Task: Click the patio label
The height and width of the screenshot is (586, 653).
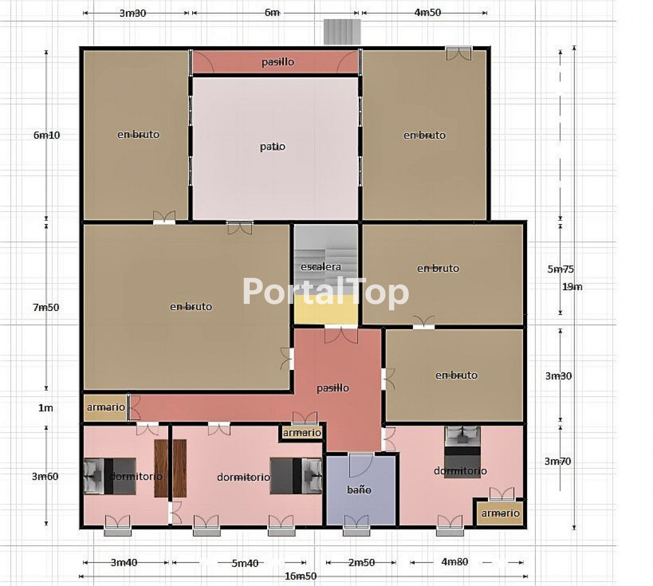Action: tap(272, 147)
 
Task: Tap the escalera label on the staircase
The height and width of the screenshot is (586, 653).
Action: tap(320, 267)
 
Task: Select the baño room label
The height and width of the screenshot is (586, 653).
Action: tap(359, 489)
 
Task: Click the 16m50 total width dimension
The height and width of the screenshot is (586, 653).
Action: tap(300, 576)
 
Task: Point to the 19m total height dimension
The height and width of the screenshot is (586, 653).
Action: tap(572, 286)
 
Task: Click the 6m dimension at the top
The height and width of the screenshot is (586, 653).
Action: tap(272, 12)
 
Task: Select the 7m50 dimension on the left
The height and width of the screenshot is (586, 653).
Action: tap(46, 307)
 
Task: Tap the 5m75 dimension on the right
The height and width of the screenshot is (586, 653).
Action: tap(561, 269)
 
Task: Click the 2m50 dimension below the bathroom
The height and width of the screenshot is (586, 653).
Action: tap(362, 563)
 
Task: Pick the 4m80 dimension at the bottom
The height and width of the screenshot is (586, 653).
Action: tap(454, 562)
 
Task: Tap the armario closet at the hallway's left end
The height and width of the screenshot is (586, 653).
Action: tap(105, 407)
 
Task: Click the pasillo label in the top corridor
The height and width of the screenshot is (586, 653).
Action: tap(277, 61)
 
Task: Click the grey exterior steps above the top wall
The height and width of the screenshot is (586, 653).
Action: tap(342, 31)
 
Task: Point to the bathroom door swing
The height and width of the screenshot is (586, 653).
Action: tap(360, 465)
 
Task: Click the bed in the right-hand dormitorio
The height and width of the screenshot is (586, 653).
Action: tap(462, 452)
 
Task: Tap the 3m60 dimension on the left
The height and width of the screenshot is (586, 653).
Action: tap(45, 476)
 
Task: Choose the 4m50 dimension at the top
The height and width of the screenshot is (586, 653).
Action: tap(427, 12)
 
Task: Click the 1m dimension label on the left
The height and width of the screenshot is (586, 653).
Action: tap(46, 408)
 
